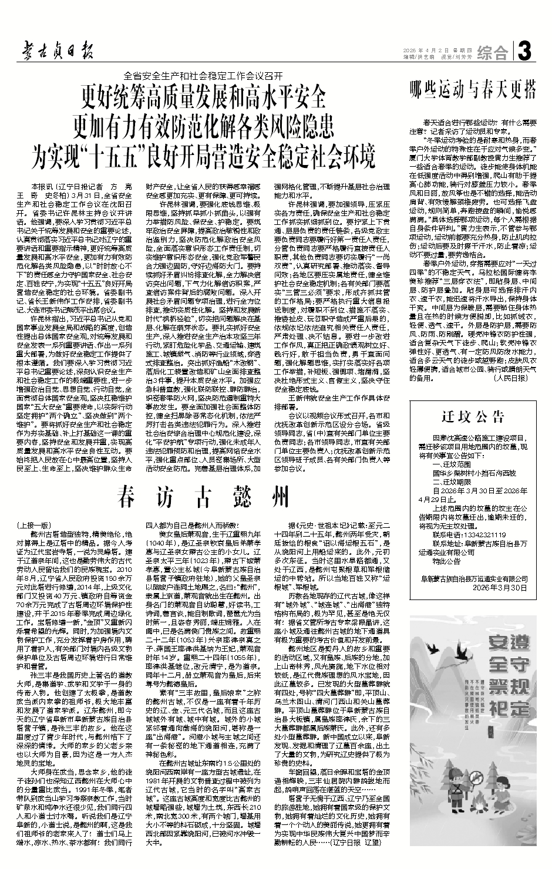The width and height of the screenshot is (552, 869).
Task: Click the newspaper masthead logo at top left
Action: click(55, 51)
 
